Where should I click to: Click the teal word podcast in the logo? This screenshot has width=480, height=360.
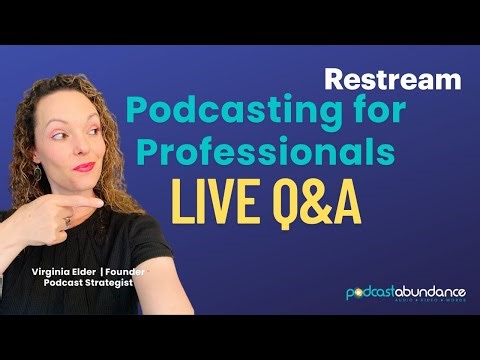[x=372, y=293]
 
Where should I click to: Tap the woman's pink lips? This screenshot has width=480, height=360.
[x=84, y=166]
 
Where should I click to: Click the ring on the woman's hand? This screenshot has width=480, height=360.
[x=67, y=219]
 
